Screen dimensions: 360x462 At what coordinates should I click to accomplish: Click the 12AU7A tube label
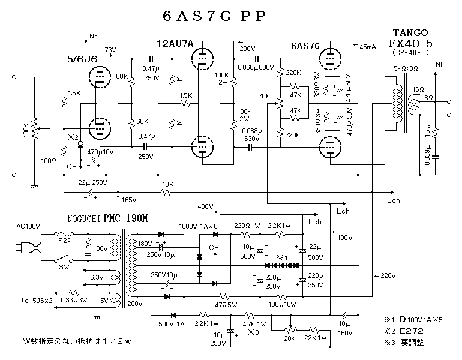[x=175, y=44]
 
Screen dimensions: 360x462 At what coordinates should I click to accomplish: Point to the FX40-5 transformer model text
[x=411, y=43]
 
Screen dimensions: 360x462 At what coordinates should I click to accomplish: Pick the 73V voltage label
[x=110, y=49]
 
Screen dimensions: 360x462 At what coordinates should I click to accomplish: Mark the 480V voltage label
[x=205, y=206]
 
